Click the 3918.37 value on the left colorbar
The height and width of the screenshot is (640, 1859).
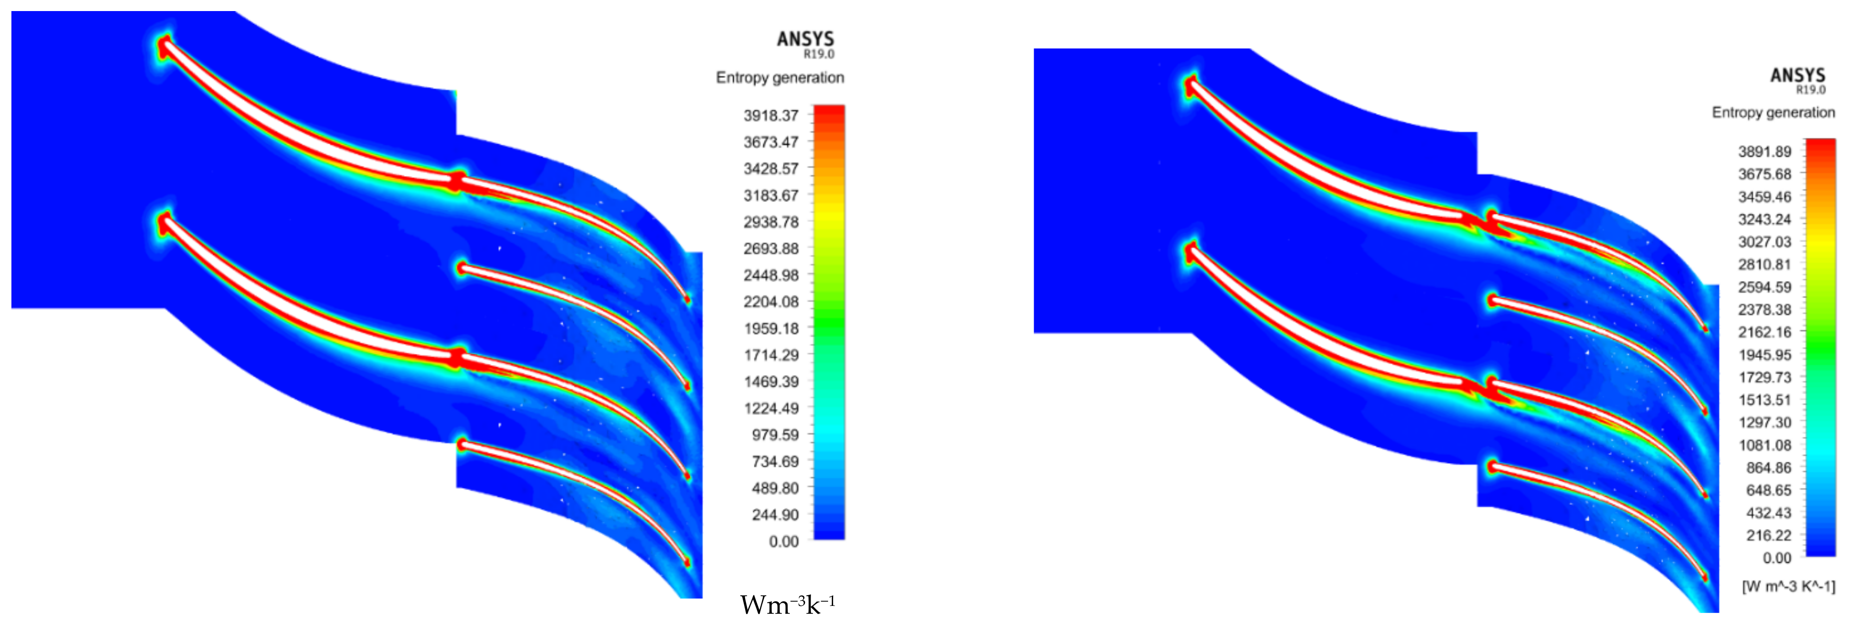pyautogui.click(x=771, y=116)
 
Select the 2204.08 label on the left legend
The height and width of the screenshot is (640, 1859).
pyautogui.click(x=771, y=302)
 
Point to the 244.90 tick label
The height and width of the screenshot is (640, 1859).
pyautogui.click(x=775, y=515)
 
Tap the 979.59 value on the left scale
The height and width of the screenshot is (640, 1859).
pyautogui.click(x=775, y=434)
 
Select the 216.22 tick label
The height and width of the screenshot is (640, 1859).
pyautogui.click(x=1768, y=535)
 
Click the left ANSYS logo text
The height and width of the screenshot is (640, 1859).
pyautogui.click(x=805, y=39)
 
